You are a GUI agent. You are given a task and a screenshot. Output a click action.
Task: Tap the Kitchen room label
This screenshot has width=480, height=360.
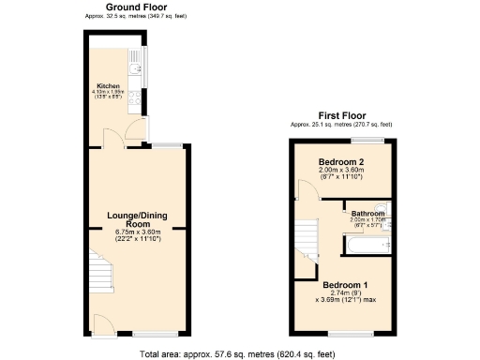click(108, 85)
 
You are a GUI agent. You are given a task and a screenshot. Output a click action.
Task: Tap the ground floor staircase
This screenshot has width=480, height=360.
click(101, 273)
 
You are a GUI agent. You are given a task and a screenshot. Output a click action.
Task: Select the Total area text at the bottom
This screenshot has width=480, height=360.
click(239, 353)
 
